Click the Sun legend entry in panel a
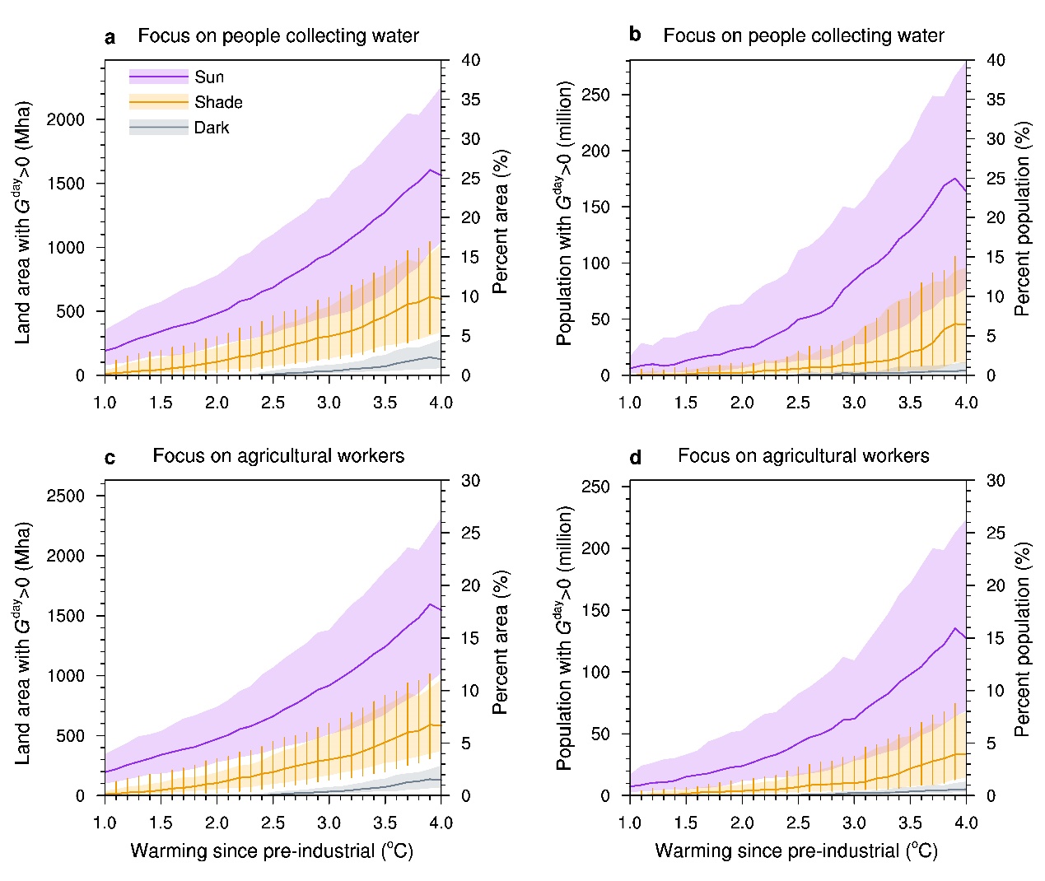(x=208, y=77)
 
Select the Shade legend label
(x=218, y=102)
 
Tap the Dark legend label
(x=212, y=128)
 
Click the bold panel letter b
(x=634, y=35)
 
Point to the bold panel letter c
(x=110, y=457)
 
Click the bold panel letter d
(x=635, y=457)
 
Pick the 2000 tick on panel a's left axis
(x=65, y=119)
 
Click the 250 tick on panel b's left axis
(x=595, y=95)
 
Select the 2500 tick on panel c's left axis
(x=65, y=496)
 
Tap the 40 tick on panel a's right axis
(x=470, y=60)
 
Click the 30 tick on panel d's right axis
(x=996, y=480)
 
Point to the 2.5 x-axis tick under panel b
(x=797, y=403)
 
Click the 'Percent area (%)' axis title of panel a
(x=500, y=221)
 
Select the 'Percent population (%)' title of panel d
(x=1023, y=639)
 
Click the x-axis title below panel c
(x=272, y=851)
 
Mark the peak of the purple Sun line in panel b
(x=955, y=178)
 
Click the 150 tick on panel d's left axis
(x=595, y=610)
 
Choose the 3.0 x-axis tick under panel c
(x=329, y=823)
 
